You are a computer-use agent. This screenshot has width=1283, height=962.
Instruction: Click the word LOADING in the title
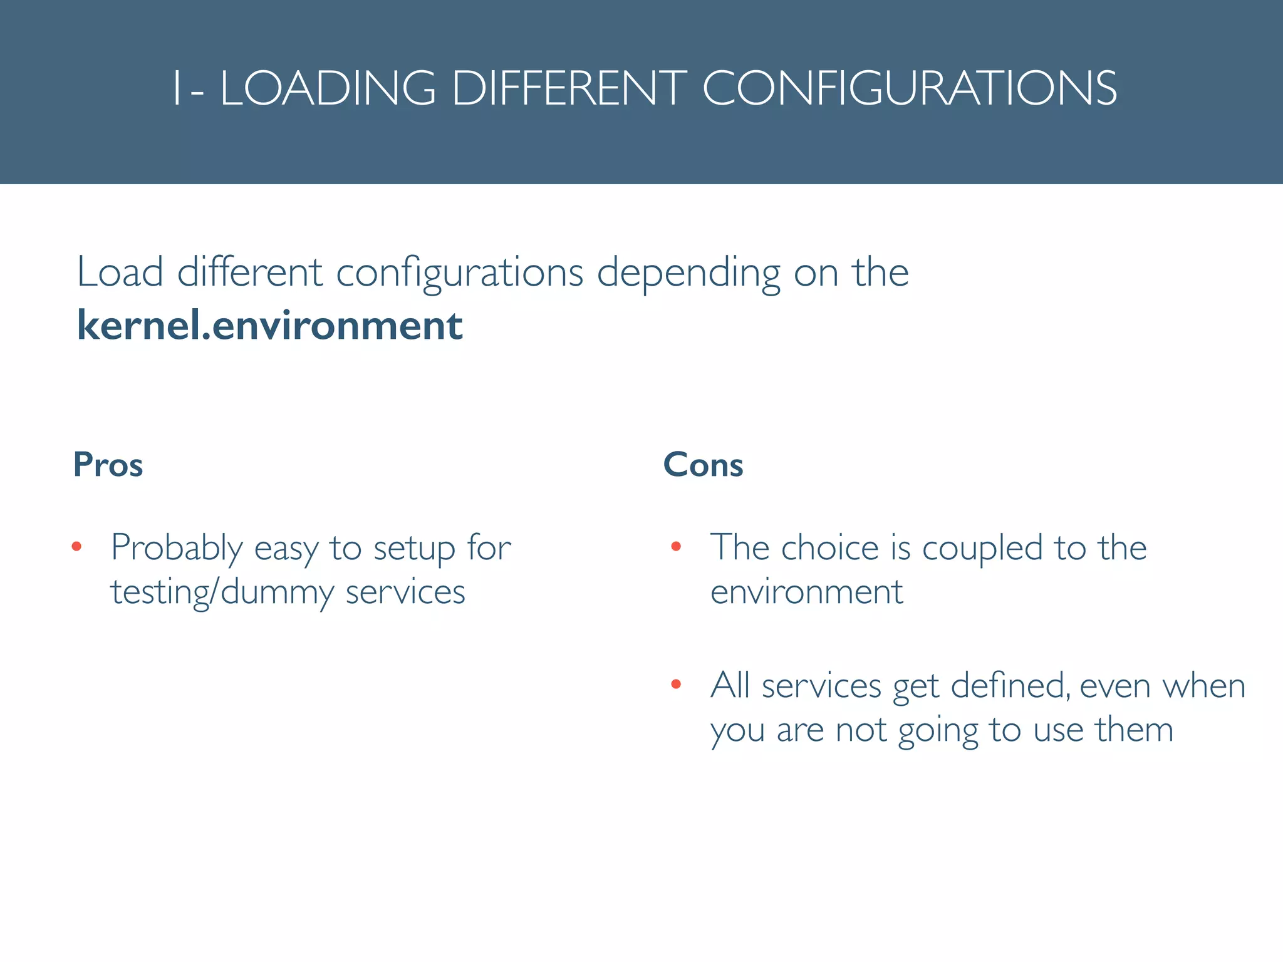tap(328, 88)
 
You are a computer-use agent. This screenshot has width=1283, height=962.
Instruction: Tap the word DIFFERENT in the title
tap(569, 88)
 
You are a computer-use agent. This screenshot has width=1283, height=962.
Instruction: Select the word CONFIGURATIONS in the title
tap(910, 88)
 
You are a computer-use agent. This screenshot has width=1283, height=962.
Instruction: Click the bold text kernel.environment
tap(269, 326)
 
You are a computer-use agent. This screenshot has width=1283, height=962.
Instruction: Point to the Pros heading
tap(108, 465)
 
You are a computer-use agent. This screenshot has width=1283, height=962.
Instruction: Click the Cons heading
tap(703, 465)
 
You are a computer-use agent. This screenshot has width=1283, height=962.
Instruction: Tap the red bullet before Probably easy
tap(76, 547)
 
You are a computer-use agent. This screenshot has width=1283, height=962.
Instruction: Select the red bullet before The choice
tap(675, 547)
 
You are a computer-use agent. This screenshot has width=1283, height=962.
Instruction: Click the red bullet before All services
tap(675, 685)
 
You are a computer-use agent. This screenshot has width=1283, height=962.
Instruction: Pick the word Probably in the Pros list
tap(177, 549)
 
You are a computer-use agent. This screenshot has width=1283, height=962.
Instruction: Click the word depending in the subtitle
tap(689, 274)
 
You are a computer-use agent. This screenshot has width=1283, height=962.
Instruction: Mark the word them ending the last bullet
tap(1134, 730)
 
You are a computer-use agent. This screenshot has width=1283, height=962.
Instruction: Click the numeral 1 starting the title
tap(177, 88)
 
